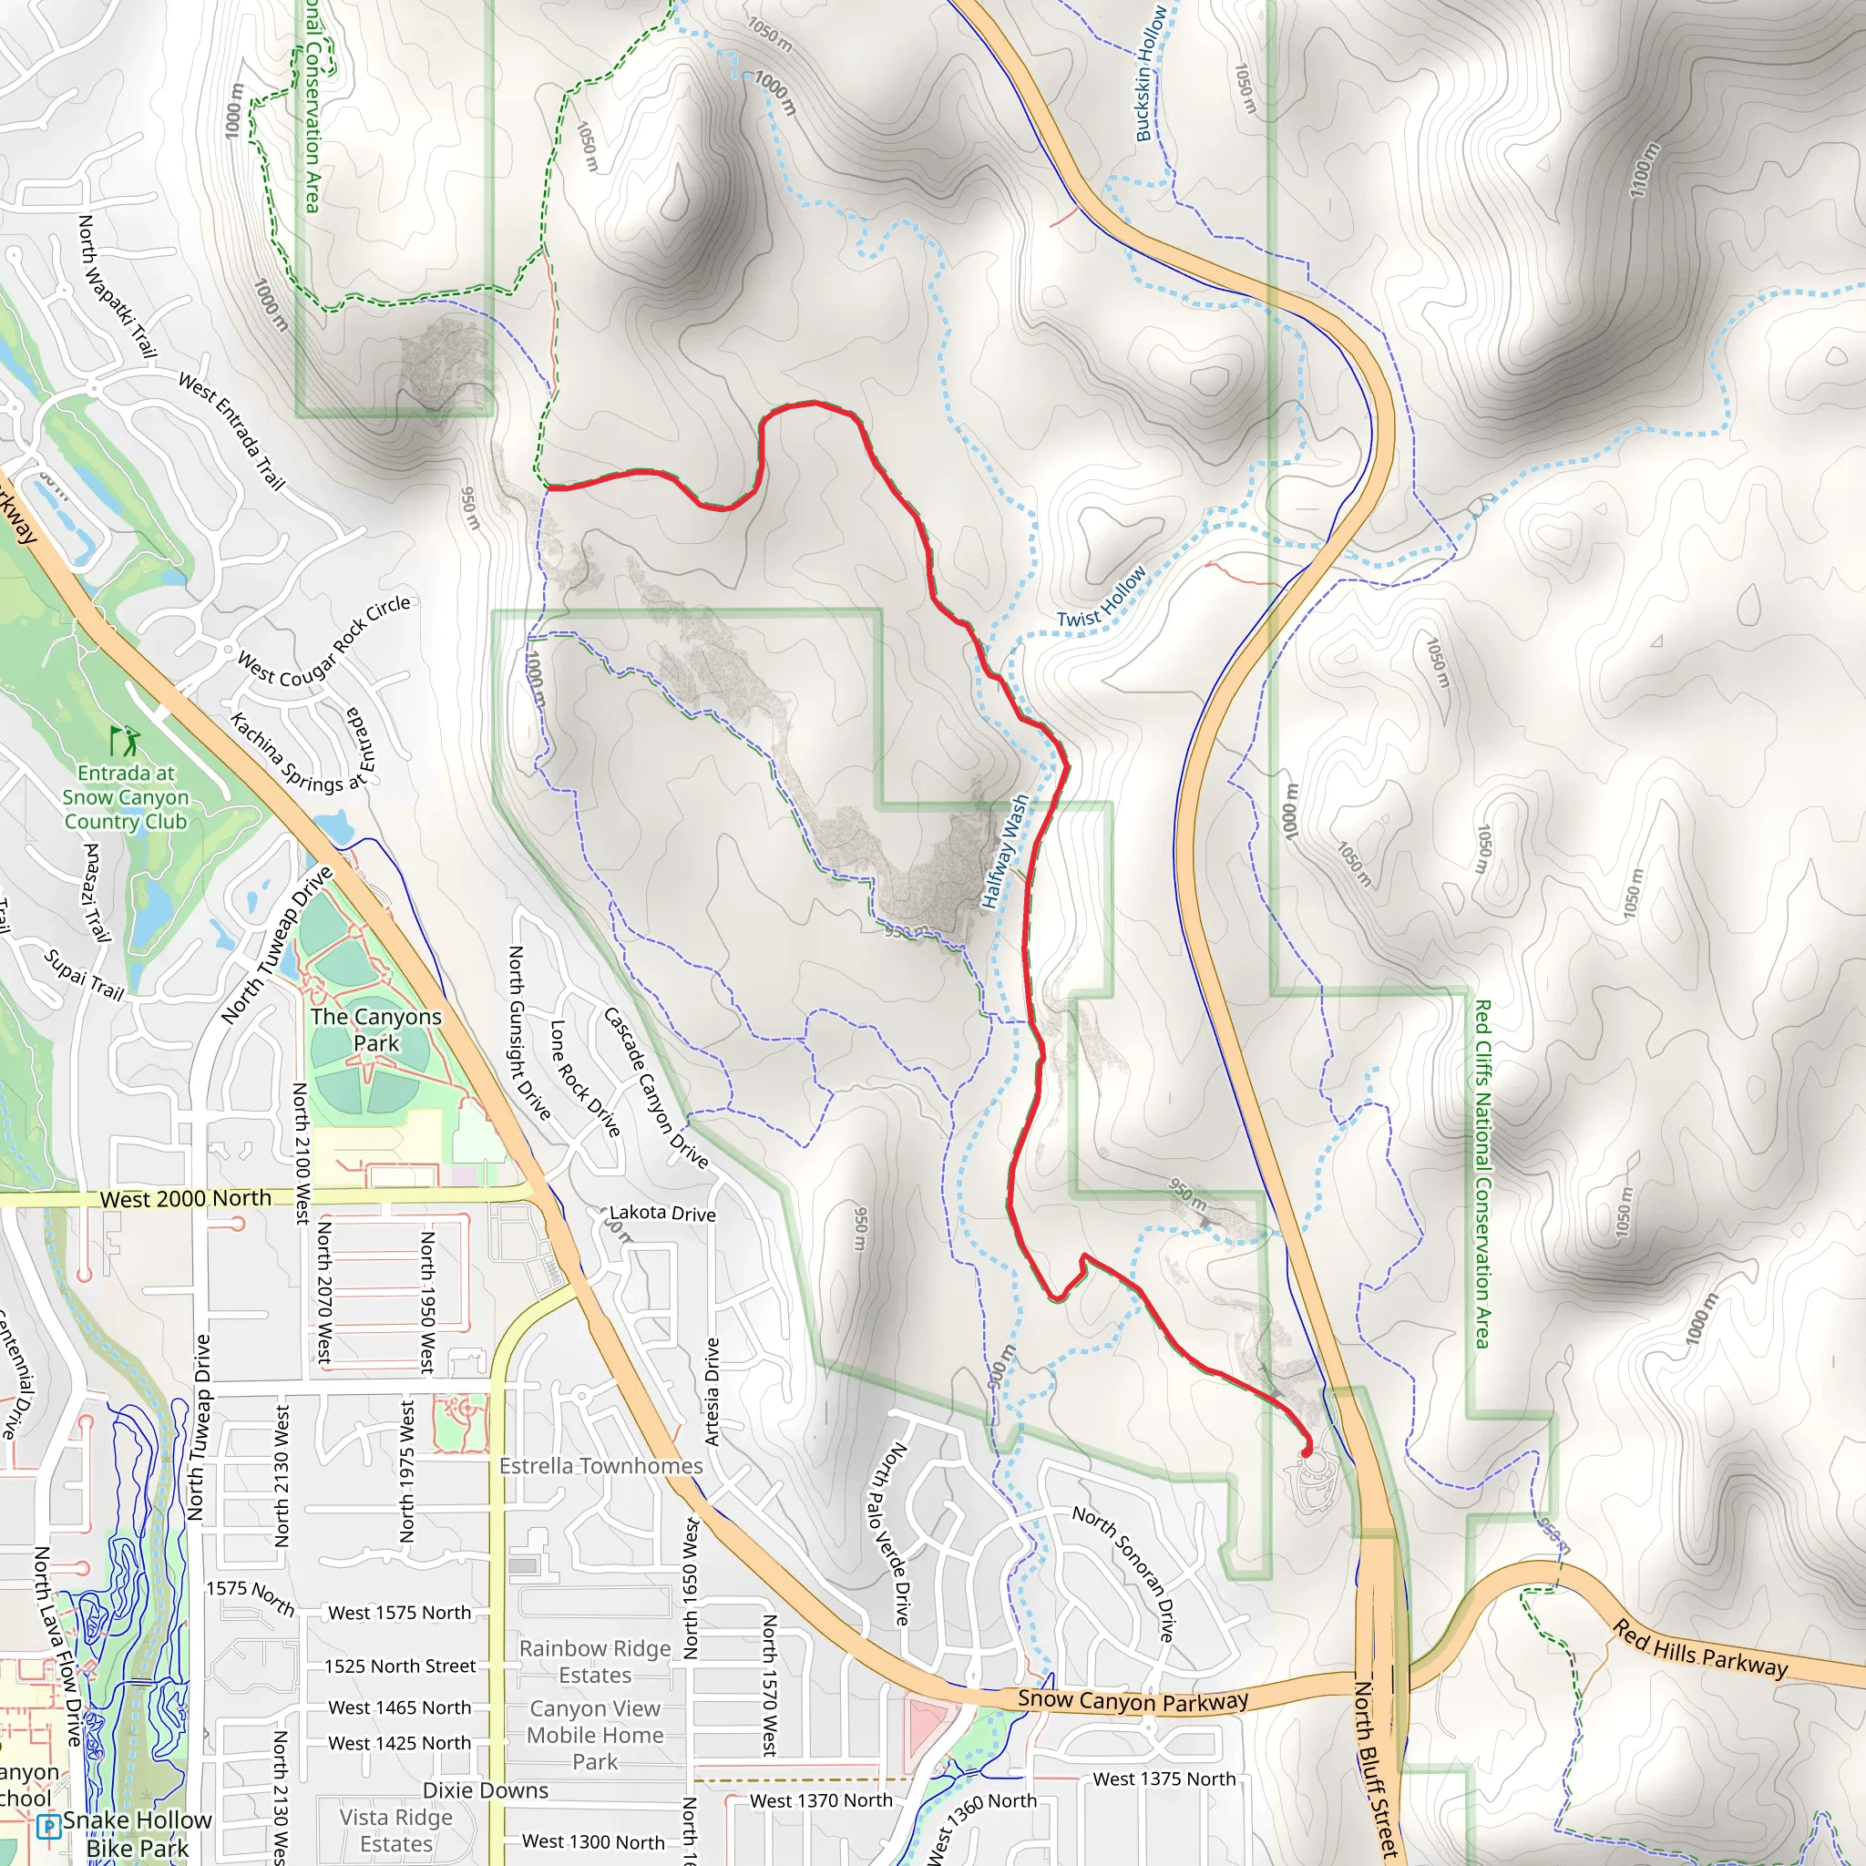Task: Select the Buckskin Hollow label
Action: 1151,75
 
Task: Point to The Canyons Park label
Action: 375,1030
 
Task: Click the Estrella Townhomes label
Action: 600,1466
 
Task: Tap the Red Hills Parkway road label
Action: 1699,1648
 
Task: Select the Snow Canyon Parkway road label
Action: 1132,1699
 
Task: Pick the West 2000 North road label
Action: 186,1199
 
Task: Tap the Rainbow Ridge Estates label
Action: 595,1661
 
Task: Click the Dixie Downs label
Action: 485,1789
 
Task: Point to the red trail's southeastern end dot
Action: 1307,1451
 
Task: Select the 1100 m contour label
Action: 1645,170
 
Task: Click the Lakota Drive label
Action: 662,1213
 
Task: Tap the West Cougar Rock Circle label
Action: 323,642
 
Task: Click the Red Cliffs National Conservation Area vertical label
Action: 1482,1174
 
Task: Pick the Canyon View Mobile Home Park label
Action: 595,1736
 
